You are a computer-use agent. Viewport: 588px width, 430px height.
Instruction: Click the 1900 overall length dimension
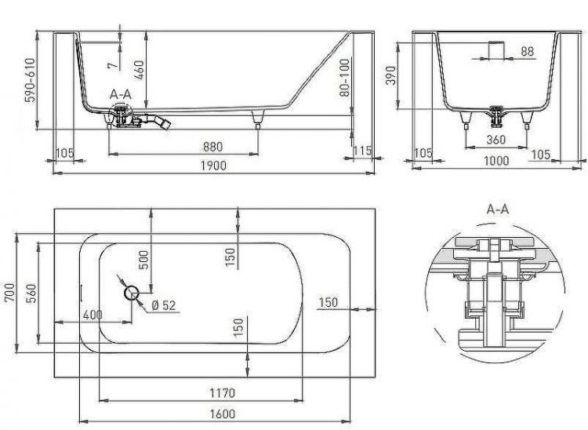(x=212, y=165)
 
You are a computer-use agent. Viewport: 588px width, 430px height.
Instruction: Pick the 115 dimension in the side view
(x=361, y=151)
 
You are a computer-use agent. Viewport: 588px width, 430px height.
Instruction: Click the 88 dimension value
(x=527, y=51)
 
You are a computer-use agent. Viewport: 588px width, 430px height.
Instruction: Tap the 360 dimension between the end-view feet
(x=495, y=141)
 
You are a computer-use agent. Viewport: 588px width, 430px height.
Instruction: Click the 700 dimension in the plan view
(x=9, y=293)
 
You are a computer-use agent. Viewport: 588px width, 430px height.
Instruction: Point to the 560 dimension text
(x=29, y=293)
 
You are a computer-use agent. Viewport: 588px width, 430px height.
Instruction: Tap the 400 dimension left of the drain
(x=93, y=315)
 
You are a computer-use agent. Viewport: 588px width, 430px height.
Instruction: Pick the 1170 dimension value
(x=223, y=392)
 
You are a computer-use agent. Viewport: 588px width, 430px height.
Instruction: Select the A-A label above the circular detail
(x=498, y=210)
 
